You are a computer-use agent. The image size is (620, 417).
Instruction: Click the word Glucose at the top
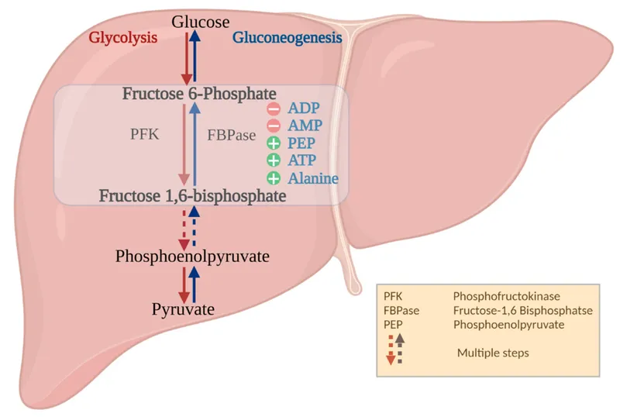pyautogui.click(x=201, y=23)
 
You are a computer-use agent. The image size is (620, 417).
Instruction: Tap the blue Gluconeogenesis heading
pyautogui.click(x=287, y=37)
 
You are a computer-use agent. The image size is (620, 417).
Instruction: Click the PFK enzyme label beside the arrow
pyautogui.click(x=144, y=133)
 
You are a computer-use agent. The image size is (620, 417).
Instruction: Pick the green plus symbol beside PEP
pyautogui.click(x=274, y=143)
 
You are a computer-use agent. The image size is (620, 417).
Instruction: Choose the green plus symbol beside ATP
pyautogui.click(x=274, y=160)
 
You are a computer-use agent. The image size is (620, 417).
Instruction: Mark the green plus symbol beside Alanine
pyautogui.click(x=274, y=178)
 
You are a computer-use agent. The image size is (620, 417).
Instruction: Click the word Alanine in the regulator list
pyautogui.click(x=313, y=178)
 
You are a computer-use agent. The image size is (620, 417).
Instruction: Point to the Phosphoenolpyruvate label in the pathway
pyautogui.click(x=191, y=255)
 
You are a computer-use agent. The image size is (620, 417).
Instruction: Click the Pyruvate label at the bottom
pyautogui.click(x=183, y=310)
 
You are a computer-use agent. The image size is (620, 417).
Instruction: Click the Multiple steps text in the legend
pyautogui.click(x=494, y=353)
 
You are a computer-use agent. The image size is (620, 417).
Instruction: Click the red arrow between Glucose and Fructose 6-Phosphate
pyautogui.click(x=186, y=59)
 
